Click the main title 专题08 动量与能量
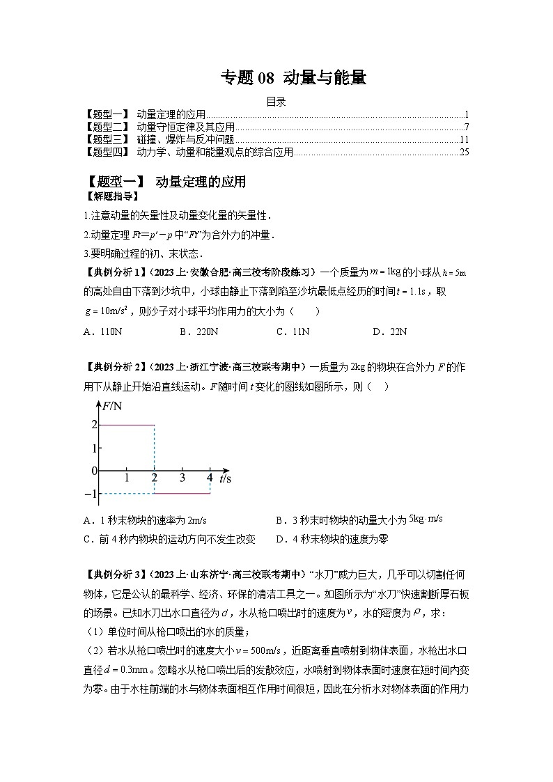click(293, 78)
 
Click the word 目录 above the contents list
click(276, 102)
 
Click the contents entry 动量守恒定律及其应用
click(185, 127)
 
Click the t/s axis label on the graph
click(225, 478)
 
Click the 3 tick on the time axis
click(182, 478)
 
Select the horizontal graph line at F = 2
click(127, 425)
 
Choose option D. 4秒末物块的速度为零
click(332, 539)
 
